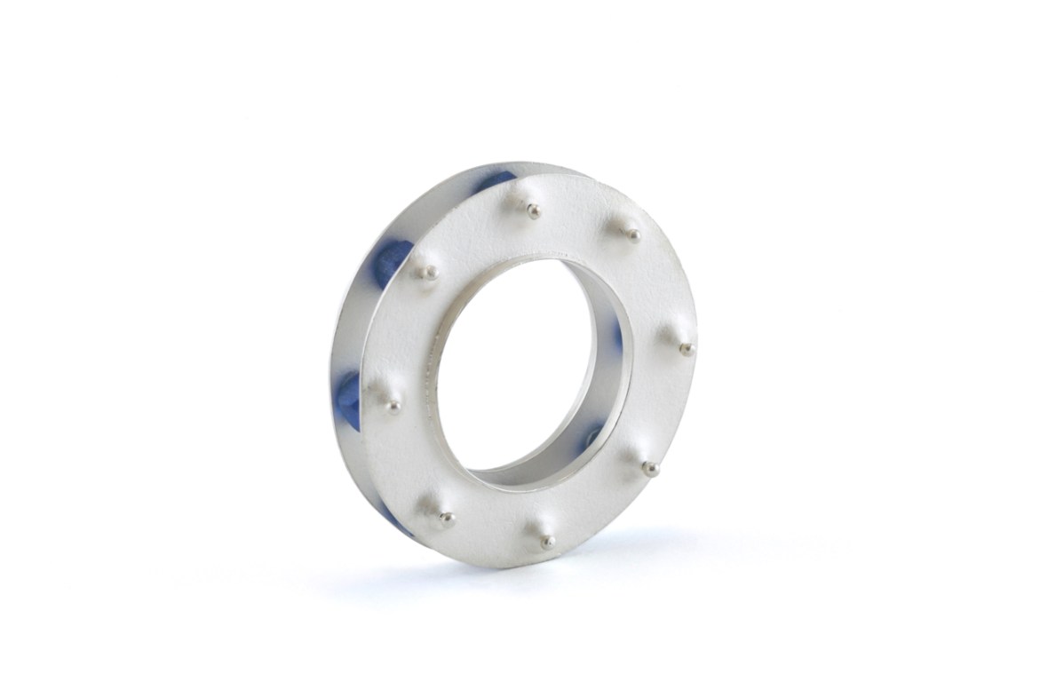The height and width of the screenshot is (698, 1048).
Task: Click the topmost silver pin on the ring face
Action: tap(533, 211)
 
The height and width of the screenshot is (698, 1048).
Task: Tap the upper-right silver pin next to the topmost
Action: tap(633, 235)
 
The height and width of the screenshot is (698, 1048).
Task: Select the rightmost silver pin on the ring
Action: tap(687, 349)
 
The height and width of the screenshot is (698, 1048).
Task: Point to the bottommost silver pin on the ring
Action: tap(548, 540)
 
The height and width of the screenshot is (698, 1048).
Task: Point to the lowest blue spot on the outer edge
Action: tap(396, 522)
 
